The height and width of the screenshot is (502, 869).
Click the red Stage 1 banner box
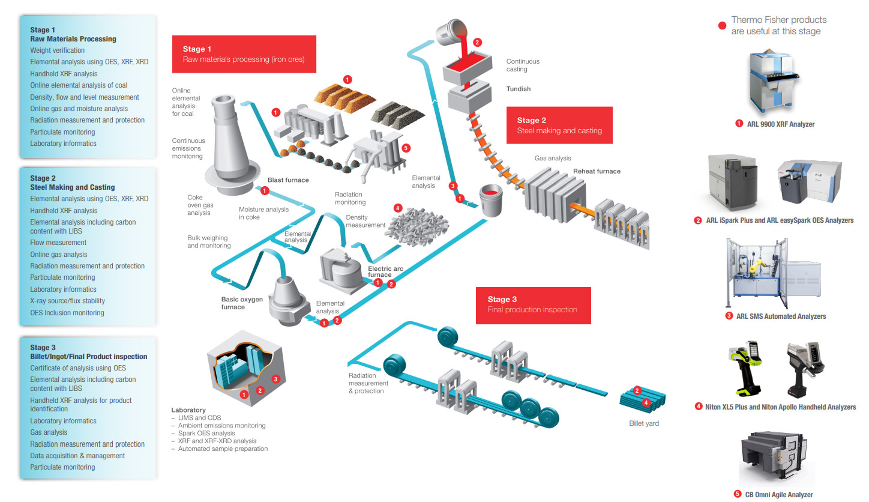244,54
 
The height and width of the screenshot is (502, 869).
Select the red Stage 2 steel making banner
559,125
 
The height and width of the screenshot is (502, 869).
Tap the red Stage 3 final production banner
533,304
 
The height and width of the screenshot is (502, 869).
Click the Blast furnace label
288,180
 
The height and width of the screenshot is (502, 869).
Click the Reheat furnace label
597,171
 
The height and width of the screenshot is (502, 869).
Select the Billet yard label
639,423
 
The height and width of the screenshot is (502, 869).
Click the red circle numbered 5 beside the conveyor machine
406,148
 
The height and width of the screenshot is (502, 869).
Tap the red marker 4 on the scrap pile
397,208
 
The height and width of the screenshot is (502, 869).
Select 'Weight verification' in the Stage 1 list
58,50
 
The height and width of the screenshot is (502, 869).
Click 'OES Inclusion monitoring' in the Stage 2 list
67,313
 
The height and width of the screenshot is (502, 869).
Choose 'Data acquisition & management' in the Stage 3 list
77,456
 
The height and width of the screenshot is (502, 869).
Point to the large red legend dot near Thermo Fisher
722,25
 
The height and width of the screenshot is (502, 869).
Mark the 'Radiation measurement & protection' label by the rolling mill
368,383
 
